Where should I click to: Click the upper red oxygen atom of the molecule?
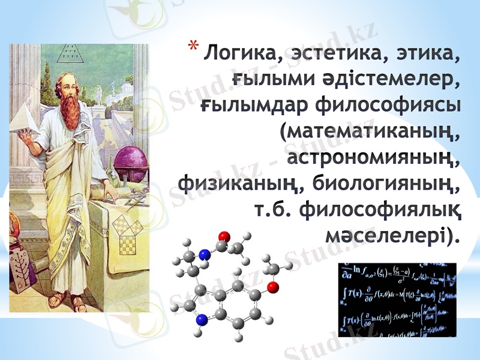(224, 236)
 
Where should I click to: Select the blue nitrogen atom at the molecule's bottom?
(202, 319)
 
